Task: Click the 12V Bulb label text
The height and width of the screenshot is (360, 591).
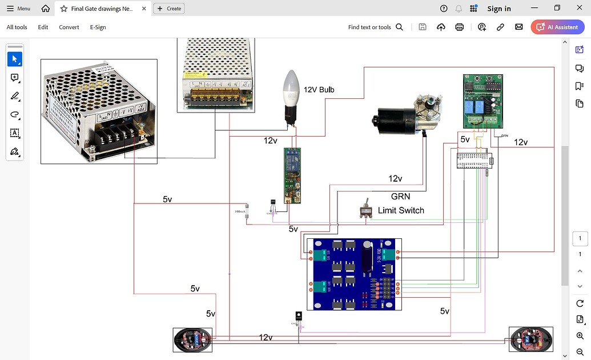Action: (x=319, y=90)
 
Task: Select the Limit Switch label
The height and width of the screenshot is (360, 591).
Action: (x=401, y=210)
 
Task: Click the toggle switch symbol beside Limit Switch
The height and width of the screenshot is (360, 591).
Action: (x=364, y=211)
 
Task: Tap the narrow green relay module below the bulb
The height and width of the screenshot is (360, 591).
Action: (x=292, y=175)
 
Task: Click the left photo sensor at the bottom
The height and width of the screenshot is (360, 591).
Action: (x=192, y=339)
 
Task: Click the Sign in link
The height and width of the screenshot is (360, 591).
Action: (x=498, y=9)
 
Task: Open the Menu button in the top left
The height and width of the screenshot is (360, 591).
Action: (x=18, y=9)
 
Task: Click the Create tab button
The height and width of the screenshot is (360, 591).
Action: (x=169, y=9)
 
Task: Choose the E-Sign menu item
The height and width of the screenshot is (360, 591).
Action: (x=98, y=27)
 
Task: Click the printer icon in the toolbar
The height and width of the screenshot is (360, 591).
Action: (x=459, y=27)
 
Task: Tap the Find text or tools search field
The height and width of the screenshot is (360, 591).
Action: (x=375, y=27)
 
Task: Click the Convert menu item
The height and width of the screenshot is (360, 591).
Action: (x=69, y=27)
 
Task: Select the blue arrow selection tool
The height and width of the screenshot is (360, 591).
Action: (x=15, y=59)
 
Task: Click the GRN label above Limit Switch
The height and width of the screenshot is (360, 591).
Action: (x=400, y=196)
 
